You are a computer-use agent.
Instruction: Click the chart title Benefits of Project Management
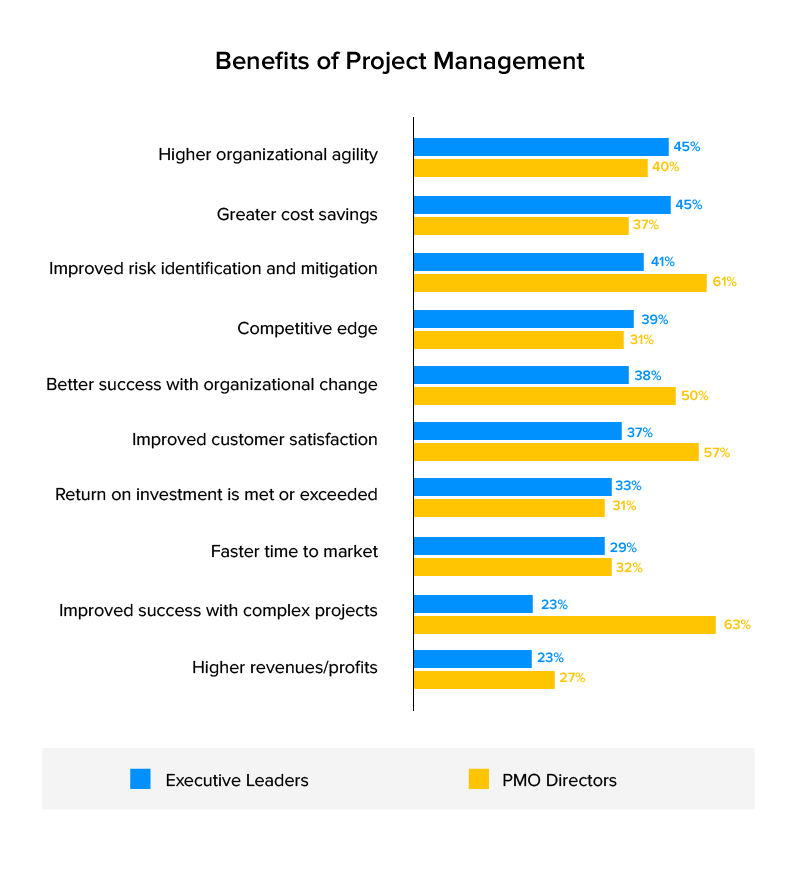(400, 61)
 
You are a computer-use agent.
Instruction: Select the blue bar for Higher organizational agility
(541, 147)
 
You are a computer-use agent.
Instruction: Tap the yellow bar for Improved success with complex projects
(565, 625)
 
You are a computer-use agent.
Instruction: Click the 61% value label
(724, 282)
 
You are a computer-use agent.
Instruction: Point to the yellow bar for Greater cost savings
(521, 226)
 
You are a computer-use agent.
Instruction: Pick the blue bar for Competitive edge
(524, 319)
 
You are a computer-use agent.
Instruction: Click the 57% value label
(717, 453)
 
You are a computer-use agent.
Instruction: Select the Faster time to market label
(294, 551)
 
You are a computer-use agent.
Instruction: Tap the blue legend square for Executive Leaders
(140, 779)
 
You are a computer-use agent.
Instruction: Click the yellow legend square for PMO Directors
(478, 779)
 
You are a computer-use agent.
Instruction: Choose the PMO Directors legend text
(559, 780)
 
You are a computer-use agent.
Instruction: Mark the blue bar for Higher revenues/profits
(473, 659)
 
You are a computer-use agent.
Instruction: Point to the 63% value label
(738, 625)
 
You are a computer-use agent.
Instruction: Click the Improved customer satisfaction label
(255, 439)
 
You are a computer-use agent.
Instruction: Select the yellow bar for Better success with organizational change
(545, 396)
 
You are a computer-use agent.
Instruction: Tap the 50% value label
(695, 396)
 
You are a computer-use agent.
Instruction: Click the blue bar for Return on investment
(512, 486)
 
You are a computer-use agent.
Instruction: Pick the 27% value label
(573, 678)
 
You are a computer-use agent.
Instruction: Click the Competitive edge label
(307, 328)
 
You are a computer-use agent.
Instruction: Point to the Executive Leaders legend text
(237, 780)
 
